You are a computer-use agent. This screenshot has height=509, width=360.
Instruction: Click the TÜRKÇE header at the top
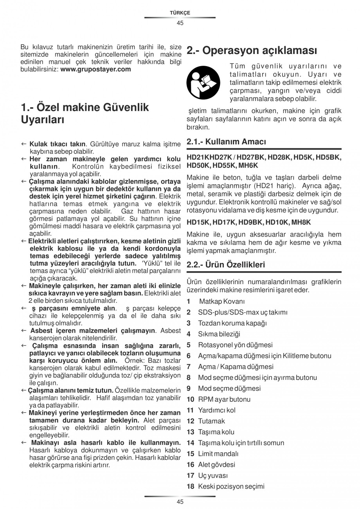pyautogui.click(x=180, y=13)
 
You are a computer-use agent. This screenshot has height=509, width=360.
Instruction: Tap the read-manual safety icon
pyautogui.click(x=204, y=83)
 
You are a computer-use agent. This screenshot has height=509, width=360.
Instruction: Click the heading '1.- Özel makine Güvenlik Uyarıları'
pyautogui.click(x=85, y=113)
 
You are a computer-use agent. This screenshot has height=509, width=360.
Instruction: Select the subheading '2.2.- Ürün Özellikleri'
pyautogui.click(x=226, y=265)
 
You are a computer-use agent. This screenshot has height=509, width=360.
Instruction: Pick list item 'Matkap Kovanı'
pyautogui.click(x=222, y=301)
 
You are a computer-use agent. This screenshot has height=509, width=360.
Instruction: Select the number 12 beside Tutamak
pyautogui.click(x=190, y=421)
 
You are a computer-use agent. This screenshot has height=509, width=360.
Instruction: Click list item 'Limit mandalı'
pyautogui.click(x=218, y=454)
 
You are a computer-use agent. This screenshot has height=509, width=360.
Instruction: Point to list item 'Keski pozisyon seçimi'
pyautogui.click(x=231, y=487)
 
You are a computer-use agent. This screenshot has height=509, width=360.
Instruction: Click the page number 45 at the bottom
pyautogui.click(x=180, y=502)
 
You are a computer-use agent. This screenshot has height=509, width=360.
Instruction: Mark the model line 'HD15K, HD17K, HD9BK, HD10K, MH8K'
pyautogui.click(x=248, y=223)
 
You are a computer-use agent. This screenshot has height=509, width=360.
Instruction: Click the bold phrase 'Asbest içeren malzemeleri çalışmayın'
pyautogui.click(x=92, y=331)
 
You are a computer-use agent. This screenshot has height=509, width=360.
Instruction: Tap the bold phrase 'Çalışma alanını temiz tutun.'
pyautogui.click(x=71, y=390)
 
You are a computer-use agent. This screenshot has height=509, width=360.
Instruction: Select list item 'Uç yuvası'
pyautogui.click(x=213, y=476)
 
